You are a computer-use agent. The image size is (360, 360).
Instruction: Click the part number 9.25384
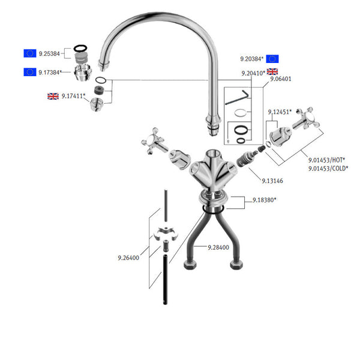pos(49,54)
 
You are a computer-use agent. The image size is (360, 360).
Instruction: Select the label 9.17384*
pos(50,73)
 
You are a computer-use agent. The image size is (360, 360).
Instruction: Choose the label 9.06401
pos(280,79)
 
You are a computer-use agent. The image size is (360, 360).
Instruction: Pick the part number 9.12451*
pos(279,111)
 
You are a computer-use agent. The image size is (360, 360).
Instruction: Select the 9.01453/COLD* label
pos(329,169)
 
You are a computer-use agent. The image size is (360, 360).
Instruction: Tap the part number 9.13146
pos(273,180)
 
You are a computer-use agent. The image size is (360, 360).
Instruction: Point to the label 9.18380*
pos(264,199)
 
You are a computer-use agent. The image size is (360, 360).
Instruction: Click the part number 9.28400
pos(219,247)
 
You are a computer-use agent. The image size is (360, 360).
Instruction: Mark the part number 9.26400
pos(128,259)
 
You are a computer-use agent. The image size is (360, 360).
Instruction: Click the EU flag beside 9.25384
pos(29,54)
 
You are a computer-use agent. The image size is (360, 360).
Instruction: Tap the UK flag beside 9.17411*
pos(53,96)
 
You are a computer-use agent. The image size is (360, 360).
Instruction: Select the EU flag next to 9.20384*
pos(272,59)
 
